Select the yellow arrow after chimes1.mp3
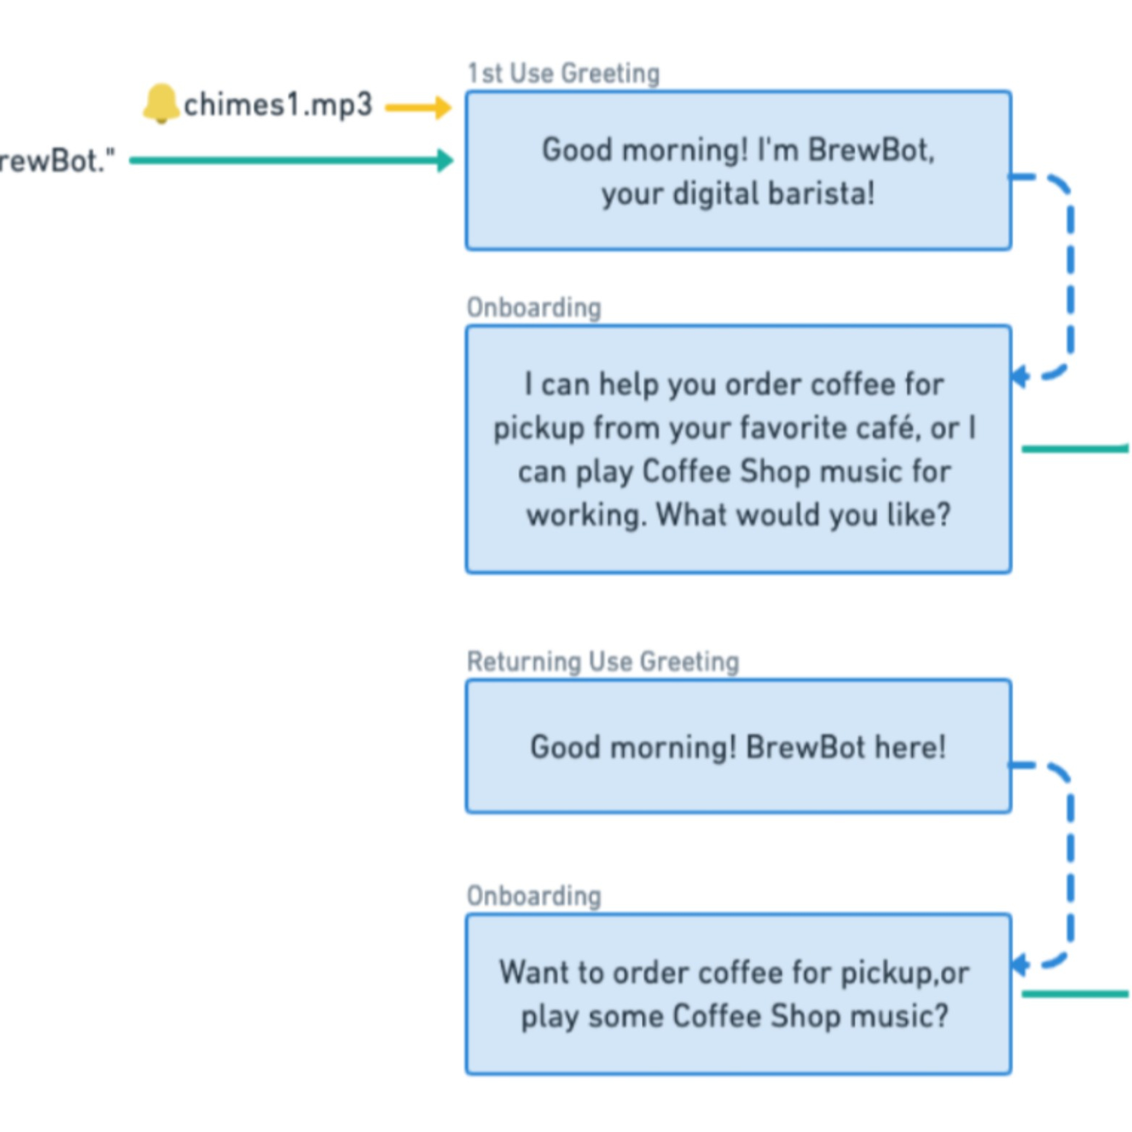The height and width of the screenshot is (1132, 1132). (x=418, y=107)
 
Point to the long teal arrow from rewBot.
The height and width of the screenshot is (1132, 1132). (x=291, y=160)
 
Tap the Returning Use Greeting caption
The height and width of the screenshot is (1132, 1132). (x=603, y=661)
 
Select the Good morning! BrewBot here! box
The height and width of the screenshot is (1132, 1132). (x=739, y=746)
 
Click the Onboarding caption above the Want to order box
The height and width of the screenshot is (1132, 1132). (x=534, y=897)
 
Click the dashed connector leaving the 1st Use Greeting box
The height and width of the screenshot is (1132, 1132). (x=1070, y=275)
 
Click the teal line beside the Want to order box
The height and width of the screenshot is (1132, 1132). (x=1076, y=994)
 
